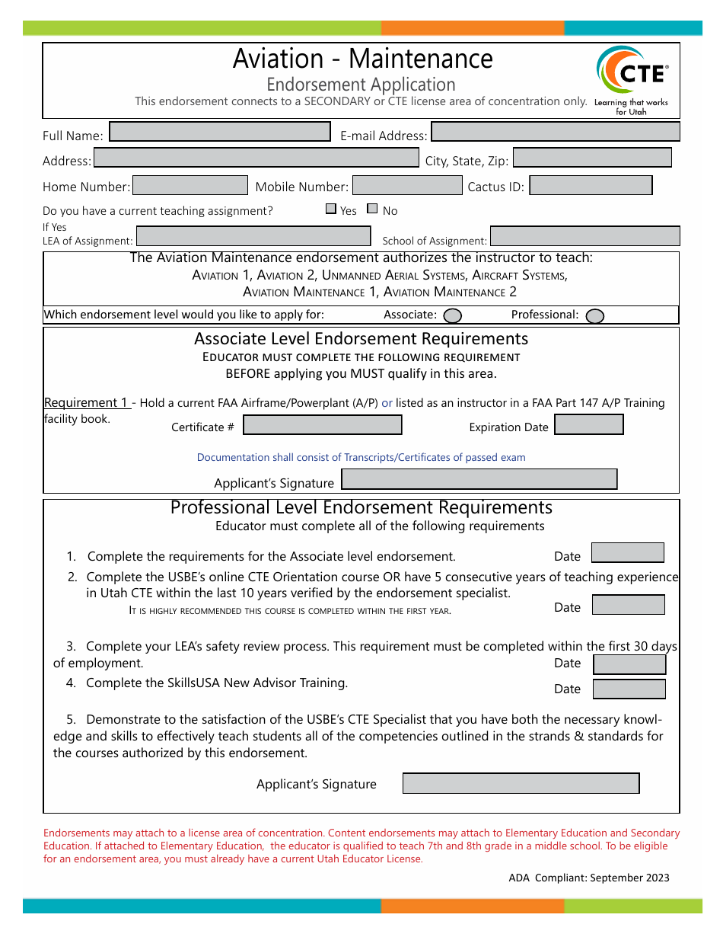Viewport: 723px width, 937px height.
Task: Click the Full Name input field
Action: click(220, 132)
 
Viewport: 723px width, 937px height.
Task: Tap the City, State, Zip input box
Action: click(592, 158)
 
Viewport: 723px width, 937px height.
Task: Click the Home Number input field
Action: click(190, 185)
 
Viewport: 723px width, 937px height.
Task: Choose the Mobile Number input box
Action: click(407, 185)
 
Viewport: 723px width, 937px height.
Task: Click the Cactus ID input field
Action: click(591, 185)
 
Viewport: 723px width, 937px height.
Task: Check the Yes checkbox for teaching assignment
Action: click(331, 209)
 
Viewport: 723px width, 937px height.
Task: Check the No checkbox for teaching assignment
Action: click(372, 209)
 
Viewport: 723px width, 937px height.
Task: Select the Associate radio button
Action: click(452, 315)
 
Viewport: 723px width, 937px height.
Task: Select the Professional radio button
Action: click(595, 315)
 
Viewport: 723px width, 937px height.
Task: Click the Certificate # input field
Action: click(322, 425)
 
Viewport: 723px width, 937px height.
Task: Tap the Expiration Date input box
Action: click(589, 424)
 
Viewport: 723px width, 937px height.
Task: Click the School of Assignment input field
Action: click(584, 236)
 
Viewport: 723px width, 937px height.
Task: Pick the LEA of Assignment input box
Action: click(253, 236)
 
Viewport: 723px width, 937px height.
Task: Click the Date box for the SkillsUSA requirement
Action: click(629, 689)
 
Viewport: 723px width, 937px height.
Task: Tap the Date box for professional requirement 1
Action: click(628, 552)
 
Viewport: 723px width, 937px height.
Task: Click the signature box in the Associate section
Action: click(479, 479)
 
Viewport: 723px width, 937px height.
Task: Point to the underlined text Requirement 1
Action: click(86, 402)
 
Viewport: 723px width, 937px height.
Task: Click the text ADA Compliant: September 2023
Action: click(589, 878)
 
